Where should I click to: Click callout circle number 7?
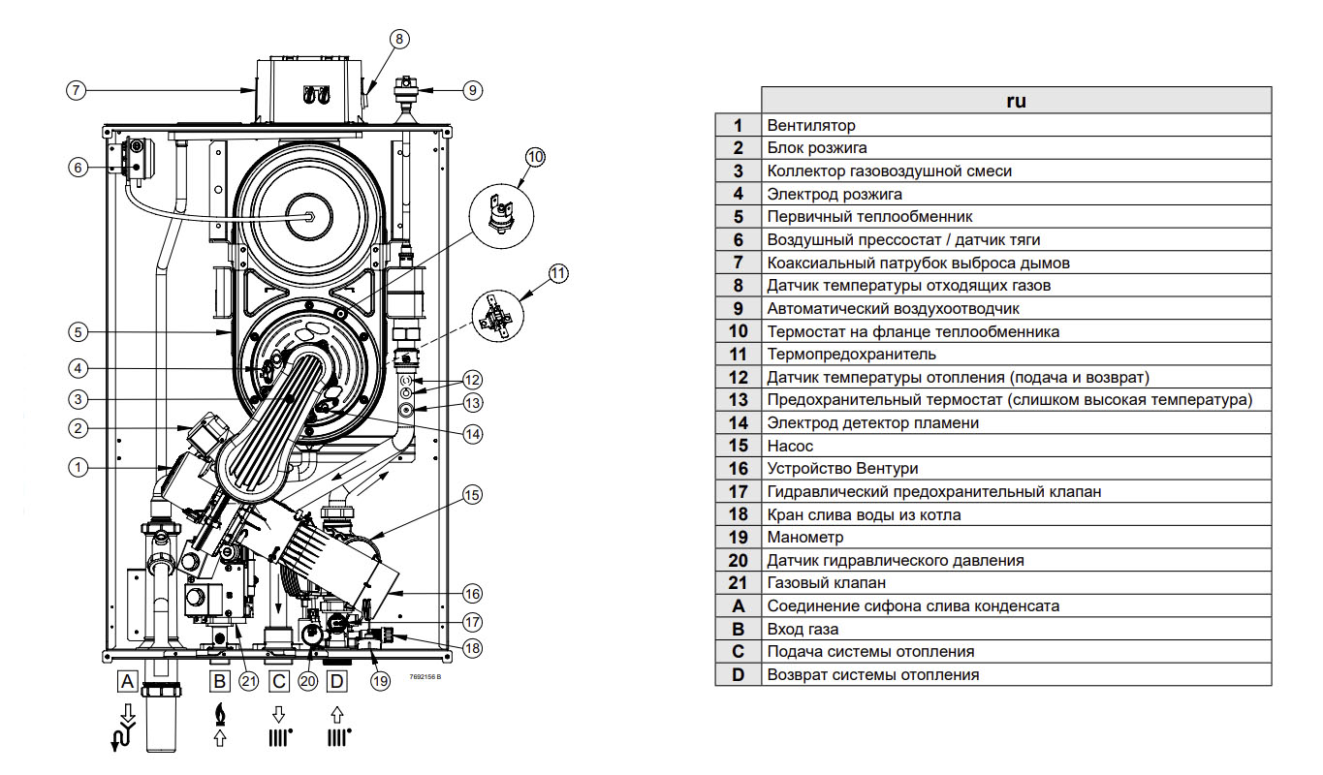coord(77,90)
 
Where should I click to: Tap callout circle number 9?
coord(472,90)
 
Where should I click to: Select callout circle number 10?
coord(536,156)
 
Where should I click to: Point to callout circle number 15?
coord(472,496)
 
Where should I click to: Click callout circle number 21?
coord(249,681)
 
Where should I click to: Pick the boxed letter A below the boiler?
coord(126,681)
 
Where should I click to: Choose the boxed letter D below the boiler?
coord(336,681)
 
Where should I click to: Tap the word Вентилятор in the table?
coord(811,125)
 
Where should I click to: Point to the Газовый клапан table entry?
coord(826,583)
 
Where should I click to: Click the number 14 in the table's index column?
coord(738,422)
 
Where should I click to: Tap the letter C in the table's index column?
coord(738,652)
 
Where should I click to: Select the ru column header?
coord(1015,100)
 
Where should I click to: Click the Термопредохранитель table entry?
coord(851,354)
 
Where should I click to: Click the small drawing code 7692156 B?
coord(425,677)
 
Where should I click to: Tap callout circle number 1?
coord(77,467)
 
